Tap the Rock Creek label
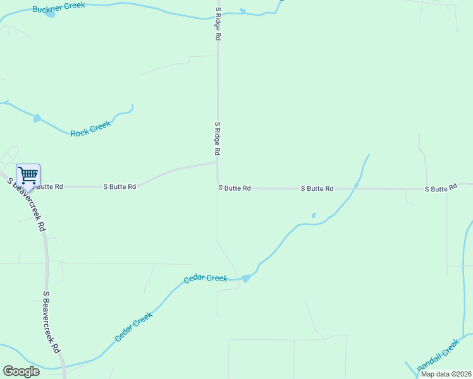pos(90,129)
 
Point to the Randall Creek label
pos(438,356)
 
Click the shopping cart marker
pos(28,175)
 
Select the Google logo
pos(21,371)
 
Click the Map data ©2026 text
pos(445,374)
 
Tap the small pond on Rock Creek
pos(37,118)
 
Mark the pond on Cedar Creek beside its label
pos(246,278)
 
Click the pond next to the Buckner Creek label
pos(51,13)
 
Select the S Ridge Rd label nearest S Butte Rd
pos(217,139)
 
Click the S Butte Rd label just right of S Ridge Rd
pos(235,188)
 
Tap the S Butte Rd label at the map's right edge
pos(441,189)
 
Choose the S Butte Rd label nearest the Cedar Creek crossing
pos(317,189)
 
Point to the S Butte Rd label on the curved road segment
pos(120,187)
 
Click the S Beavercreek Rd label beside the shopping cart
pos(27,203)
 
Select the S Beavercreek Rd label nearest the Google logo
pos(51,322)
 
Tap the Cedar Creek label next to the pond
pos(205,279)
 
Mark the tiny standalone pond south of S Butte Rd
pos(314,215)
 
